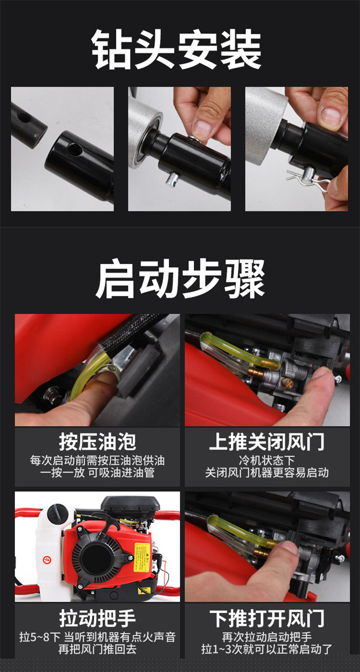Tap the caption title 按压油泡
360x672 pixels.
(97, 441)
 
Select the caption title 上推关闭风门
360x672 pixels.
(267, 441)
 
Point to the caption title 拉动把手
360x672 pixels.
(97, 618)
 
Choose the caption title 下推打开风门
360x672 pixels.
(267, 618)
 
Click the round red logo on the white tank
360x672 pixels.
(47, 559)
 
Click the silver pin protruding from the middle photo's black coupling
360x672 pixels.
(173, 180)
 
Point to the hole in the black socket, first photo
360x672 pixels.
(75, 149)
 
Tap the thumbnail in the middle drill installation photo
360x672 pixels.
(202, 128)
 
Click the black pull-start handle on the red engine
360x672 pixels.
(106, 522)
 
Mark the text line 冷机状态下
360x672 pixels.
(267, 461)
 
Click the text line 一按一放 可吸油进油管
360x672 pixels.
(97, 473)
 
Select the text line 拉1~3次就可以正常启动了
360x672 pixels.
(267, 649)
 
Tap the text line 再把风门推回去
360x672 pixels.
(97, 649)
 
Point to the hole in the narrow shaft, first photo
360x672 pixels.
(24, 118)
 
